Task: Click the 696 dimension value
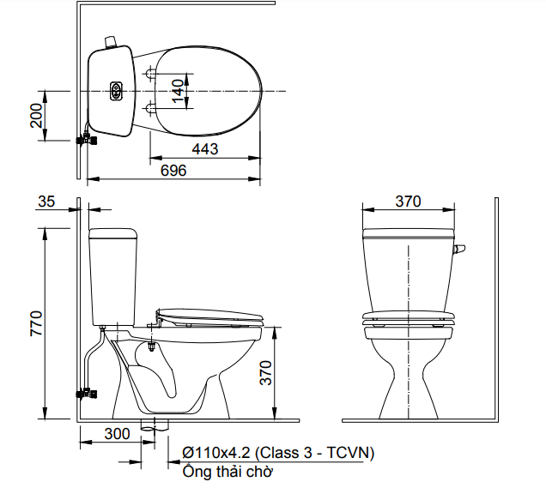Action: (173, 170)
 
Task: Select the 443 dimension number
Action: (204, 148)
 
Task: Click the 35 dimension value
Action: (46, 202)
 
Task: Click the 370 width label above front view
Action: (408, 202)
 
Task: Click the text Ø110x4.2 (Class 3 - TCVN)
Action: (278, 452)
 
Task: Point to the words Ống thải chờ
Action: (227, 471)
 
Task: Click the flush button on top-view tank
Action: (116, 90)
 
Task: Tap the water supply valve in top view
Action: (87, 137)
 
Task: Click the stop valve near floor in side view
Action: (86, 394)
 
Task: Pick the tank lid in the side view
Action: (113, 232)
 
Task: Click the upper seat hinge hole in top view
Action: (152, 72)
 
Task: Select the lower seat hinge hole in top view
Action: (152, 108)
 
